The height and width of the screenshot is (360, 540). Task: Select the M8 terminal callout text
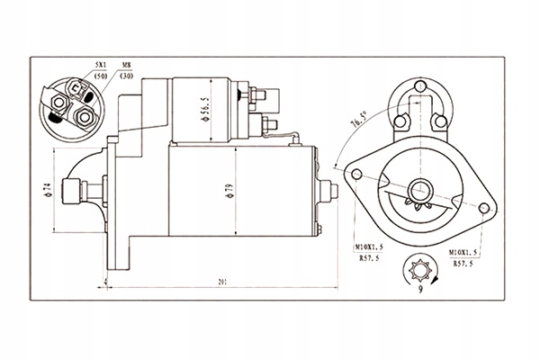[x=126, y=65]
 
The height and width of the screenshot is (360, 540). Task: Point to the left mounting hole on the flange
[x=357, y=174]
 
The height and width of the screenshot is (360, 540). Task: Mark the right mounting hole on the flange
[x=487, y=209]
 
